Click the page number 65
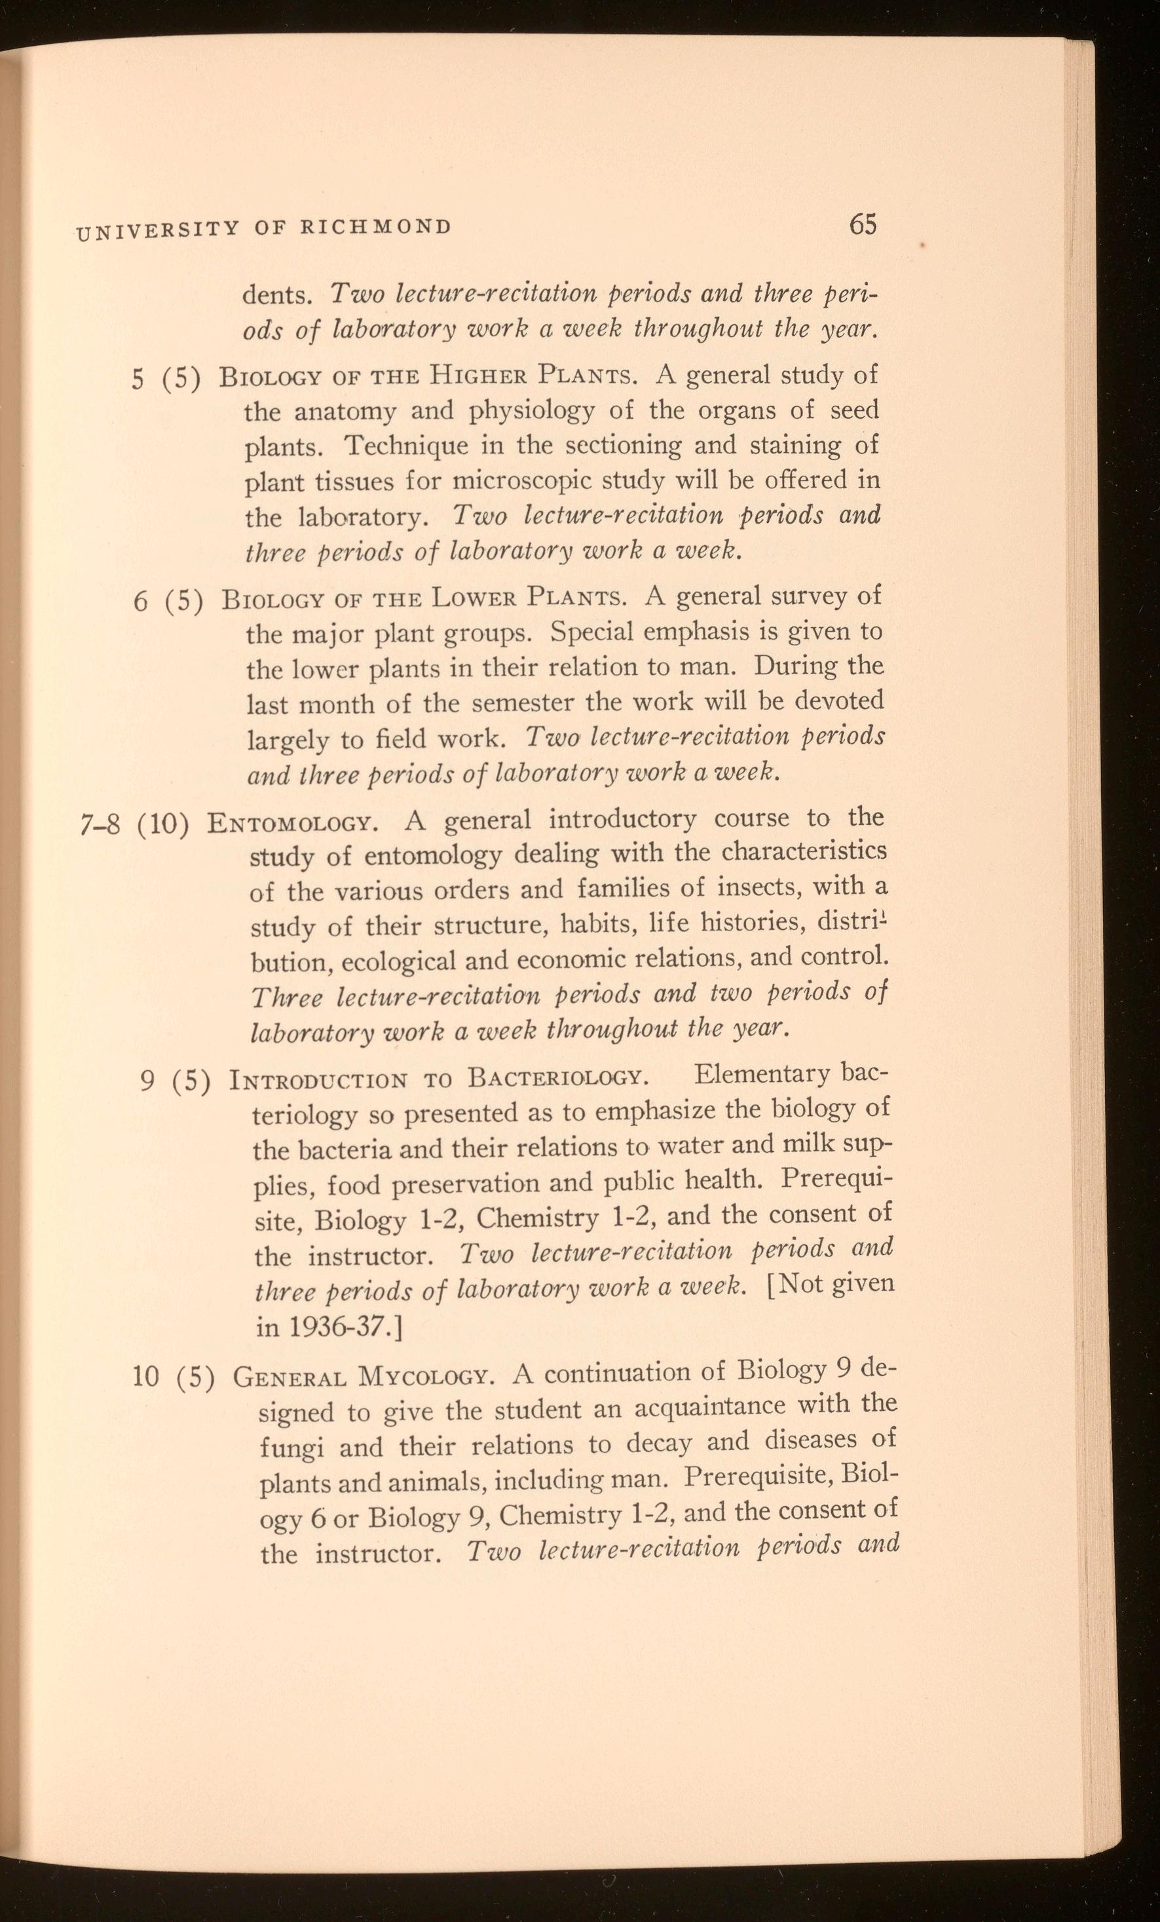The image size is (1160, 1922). point(863,225)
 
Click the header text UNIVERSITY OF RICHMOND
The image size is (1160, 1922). point(263,229)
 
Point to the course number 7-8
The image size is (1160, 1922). point(100,824)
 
